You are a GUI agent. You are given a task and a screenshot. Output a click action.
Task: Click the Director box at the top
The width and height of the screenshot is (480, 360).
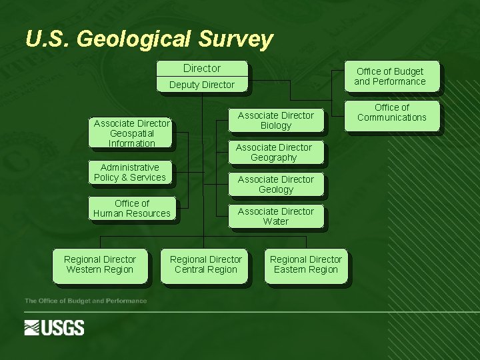coord(202,69)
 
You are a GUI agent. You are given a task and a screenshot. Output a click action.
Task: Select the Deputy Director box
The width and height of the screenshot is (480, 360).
coord(202,85)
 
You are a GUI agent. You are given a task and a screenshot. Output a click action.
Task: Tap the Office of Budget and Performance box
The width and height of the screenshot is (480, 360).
coord(390,77)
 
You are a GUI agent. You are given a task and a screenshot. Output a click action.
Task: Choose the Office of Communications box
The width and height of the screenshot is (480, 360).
coord(391,113)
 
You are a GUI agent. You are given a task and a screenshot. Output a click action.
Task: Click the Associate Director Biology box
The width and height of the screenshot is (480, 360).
coord(275,121)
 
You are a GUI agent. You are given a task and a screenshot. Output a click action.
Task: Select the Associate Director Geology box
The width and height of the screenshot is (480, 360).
coord(275,185)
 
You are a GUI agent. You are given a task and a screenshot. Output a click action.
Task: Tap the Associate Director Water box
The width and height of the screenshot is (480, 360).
coord(275,217)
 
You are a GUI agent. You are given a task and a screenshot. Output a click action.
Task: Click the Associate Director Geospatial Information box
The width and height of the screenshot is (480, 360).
coord(132,133)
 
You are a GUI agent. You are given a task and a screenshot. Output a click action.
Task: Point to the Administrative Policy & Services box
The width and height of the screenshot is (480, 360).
coord(130,173)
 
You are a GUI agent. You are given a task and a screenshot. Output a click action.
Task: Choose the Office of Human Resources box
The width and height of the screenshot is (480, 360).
coord(132,209)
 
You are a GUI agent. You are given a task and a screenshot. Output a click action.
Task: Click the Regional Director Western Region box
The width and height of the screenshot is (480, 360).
coord(100,265)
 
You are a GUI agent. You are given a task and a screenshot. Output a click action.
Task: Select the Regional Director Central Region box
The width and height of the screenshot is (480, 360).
coord(206,265)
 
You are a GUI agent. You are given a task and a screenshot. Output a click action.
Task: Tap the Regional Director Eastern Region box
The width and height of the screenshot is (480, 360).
coord(306,265)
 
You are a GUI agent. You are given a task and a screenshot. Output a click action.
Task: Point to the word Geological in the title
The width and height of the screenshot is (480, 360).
coord(134,39)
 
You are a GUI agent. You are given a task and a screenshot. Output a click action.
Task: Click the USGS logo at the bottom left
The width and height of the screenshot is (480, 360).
coord(55,327)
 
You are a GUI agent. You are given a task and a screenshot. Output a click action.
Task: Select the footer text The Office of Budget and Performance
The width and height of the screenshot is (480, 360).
coord(86,301)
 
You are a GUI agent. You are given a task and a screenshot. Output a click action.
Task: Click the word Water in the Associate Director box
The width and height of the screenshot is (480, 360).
coord(276,222)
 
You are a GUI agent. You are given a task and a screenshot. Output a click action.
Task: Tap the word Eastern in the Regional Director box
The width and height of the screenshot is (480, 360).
coord(289,270)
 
